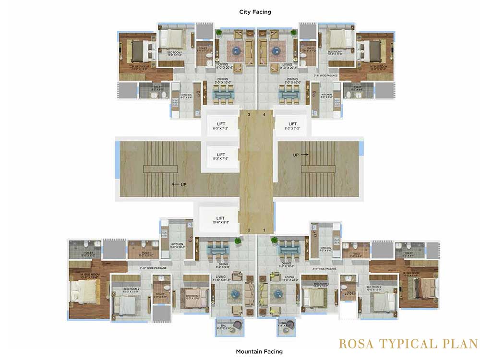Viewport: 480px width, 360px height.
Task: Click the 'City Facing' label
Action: coord(255,12)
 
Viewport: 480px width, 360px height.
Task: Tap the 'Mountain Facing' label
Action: coord(259,351)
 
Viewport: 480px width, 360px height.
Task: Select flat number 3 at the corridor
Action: coord(249,115)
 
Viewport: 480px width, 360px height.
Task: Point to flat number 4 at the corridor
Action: coord(264,115)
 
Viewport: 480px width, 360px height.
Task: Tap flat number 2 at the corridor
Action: coord(249,230)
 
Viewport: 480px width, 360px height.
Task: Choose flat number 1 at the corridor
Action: coord(264,230)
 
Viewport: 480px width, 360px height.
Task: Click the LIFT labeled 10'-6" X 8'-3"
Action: coord(220,218)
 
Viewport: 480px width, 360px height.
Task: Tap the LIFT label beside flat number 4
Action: coord(293,124)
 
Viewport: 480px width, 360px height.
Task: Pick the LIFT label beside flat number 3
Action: coord(220,124)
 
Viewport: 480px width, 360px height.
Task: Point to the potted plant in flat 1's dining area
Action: coord(274,240)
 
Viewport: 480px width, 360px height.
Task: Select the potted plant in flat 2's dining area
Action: coord(237,240)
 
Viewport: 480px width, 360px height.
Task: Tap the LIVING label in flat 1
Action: coord(289,277)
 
